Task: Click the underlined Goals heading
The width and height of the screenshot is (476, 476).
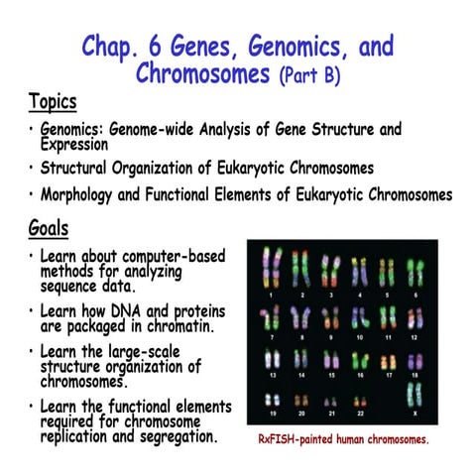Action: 49,230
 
